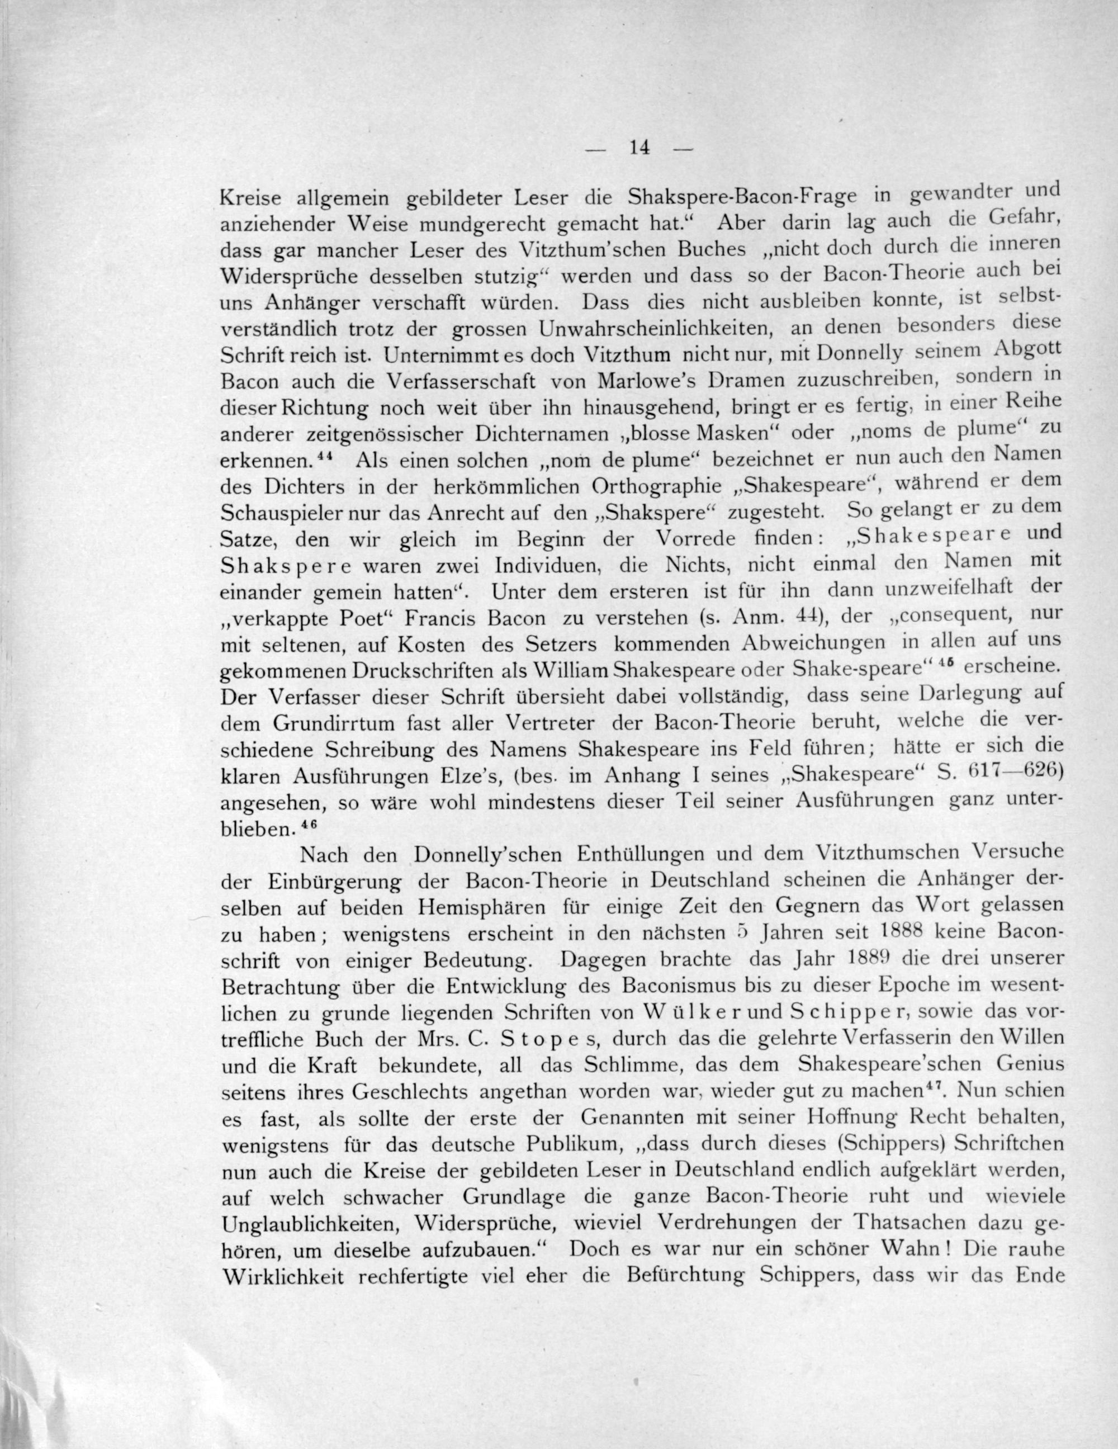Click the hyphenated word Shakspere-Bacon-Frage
(742, 196)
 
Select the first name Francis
(440, 618)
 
